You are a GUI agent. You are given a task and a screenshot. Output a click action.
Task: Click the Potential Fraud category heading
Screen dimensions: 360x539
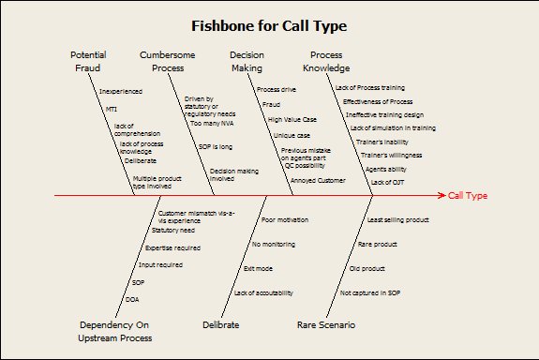coord(88,61)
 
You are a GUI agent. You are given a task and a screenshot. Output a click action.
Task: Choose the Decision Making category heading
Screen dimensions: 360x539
coord(247,61)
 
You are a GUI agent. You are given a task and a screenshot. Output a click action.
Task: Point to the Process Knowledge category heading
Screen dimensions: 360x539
coord(326,61)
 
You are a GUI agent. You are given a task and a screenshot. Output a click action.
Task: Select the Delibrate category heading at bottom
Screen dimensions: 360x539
coord(221,324)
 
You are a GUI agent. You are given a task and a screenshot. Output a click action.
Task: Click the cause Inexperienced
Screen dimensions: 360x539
coord(119,91)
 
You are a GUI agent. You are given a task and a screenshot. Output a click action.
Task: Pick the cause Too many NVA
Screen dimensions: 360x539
coord(209,123)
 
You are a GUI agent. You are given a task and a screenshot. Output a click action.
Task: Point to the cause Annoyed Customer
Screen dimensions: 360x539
coord(319,179)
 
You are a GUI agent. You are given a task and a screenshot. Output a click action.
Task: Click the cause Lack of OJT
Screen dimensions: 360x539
coord(388,182)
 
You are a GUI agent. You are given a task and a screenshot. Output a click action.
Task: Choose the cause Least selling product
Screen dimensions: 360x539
coord(397,219)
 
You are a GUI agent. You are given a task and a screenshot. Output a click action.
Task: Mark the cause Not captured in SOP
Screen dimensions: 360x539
coord(370,293)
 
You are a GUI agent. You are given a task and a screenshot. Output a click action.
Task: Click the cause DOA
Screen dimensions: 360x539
coord(132,299)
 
